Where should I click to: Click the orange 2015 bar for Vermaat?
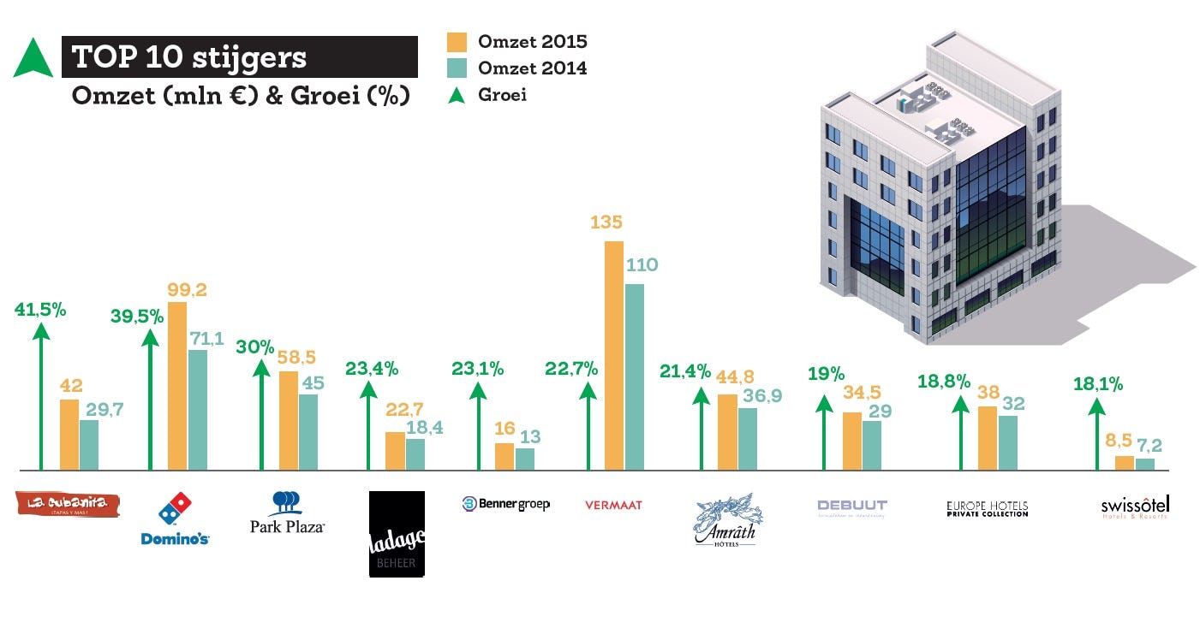pyautogui.click(x=614, y=356)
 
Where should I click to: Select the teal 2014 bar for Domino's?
pyautogui.click(x=198, y=410)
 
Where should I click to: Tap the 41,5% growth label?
pyautogui.click(x=40, y=310)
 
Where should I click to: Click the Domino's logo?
pyautogui.click(x=176, y=520)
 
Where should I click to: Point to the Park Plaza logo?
pyautogui.click(x=287, y=513)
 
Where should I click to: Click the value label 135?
pyautogui.click(x=606, y=222)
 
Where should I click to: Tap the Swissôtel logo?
pyautogui.click(x=1135, y=507)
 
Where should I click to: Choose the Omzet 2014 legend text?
pyautogui.click(x=533, y=68)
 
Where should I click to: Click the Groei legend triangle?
pyautogui.click(x=457, y=95)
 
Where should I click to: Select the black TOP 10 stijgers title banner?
pyautogui.click(x=240, y=57)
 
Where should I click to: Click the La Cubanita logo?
pyautogui.click(x=69, y=504)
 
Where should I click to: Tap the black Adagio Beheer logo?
pyautogui.click(x=397, y=534)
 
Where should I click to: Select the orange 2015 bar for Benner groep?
pyautogui.click(x=504, y=457)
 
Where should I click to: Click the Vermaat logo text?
pyautogui.click(x=613, y=505)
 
